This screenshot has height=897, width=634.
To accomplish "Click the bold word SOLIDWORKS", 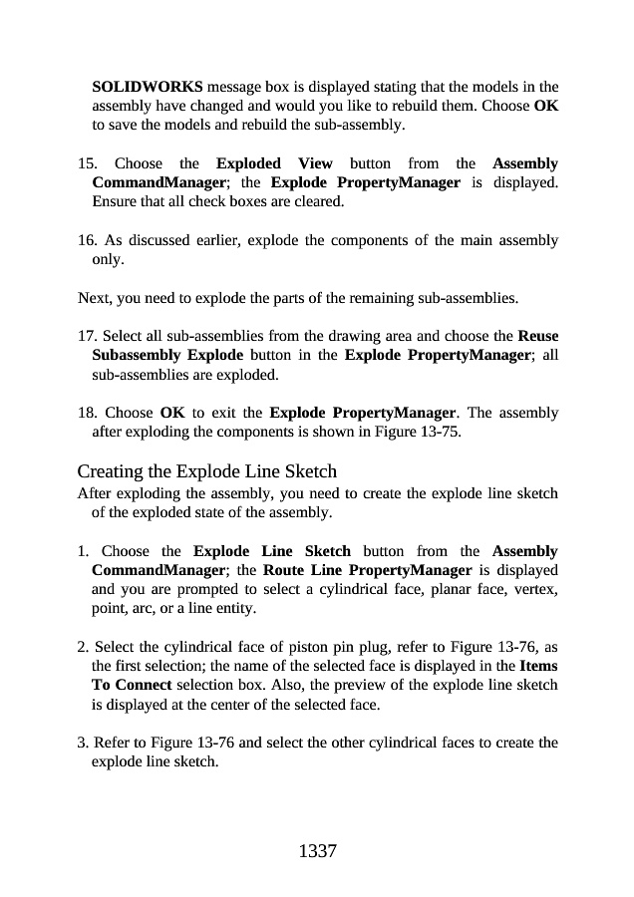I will pos(148,87).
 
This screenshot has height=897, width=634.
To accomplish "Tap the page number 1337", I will pos(318,851).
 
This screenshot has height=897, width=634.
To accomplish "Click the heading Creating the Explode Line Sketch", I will pos(206,471).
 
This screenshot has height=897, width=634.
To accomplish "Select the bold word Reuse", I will pos(538,337).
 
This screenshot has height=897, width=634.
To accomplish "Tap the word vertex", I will pos(532,589).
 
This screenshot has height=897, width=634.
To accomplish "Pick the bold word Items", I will pos(538,666).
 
